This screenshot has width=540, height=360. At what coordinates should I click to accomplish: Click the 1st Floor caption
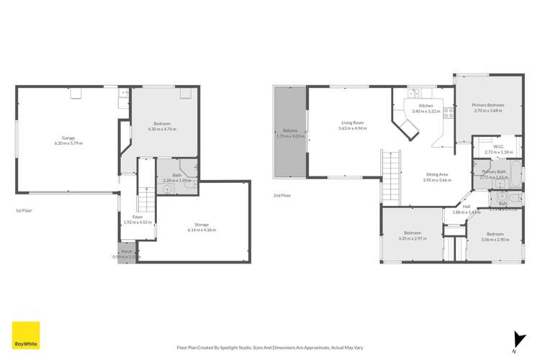(x=24, y=210)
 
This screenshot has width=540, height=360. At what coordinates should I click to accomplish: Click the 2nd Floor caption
(x=282, y=195)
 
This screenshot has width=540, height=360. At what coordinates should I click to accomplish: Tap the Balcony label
(x=290, y=130)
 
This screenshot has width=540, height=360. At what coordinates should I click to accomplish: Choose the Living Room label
(x=352, y=122)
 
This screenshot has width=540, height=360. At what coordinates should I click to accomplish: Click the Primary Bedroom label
(x=489, y=105)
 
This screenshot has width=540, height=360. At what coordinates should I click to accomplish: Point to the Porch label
(x=127, y=253)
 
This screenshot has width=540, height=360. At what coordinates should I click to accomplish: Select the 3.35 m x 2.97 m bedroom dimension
(x=413, y=238)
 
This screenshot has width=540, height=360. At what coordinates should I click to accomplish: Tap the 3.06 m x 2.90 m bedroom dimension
(x=495, y=238)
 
